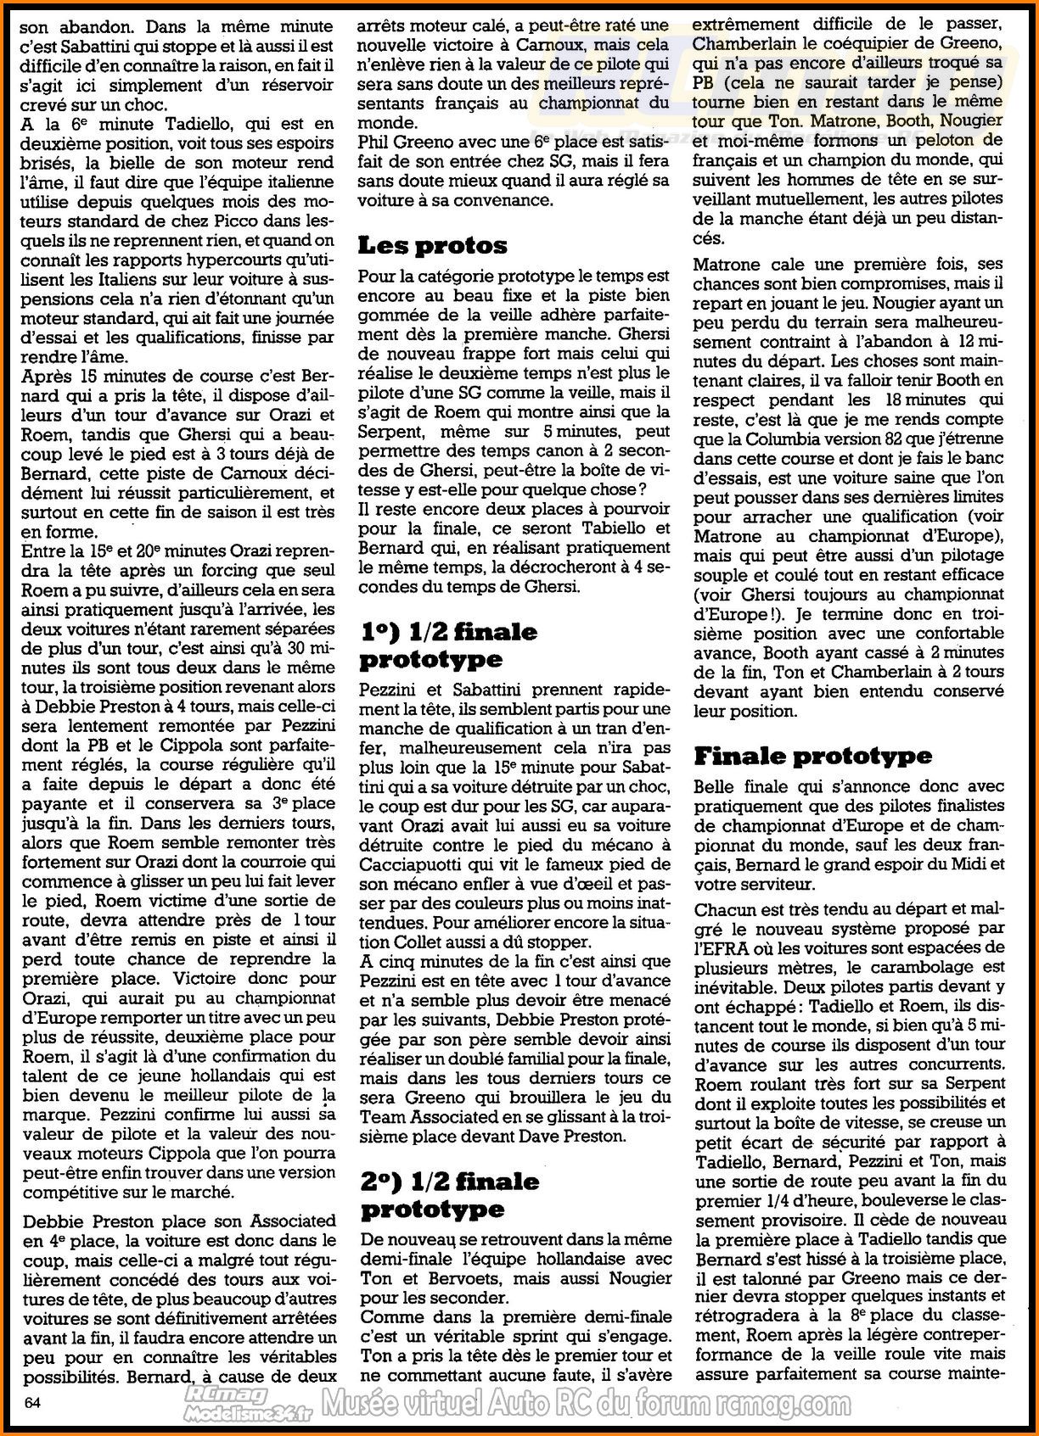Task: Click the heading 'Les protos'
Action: [432, 246]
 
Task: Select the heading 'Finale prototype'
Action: [812, 756]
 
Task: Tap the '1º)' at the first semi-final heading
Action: [379, 632]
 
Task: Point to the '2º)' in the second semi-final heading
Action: [380, 1181]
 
